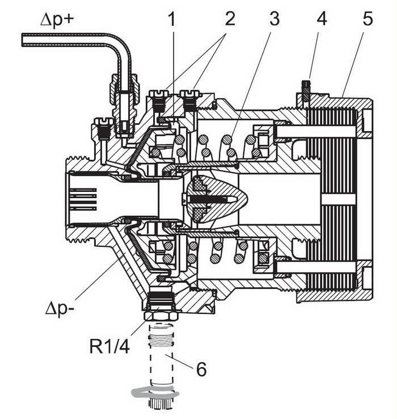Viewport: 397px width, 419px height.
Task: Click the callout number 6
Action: [x=201, y=369]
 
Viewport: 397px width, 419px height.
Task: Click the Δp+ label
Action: [x=57, y=19]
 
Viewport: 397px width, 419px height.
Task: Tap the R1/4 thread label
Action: [x=109, y=346]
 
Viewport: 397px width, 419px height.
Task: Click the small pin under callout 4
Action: [x=306, y=90]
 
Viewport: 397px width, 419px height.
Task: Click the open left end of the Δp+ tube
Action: [x=23, y=40]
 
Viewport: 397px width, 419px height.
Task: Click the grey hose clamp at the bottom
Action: [x=154, y=393]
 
